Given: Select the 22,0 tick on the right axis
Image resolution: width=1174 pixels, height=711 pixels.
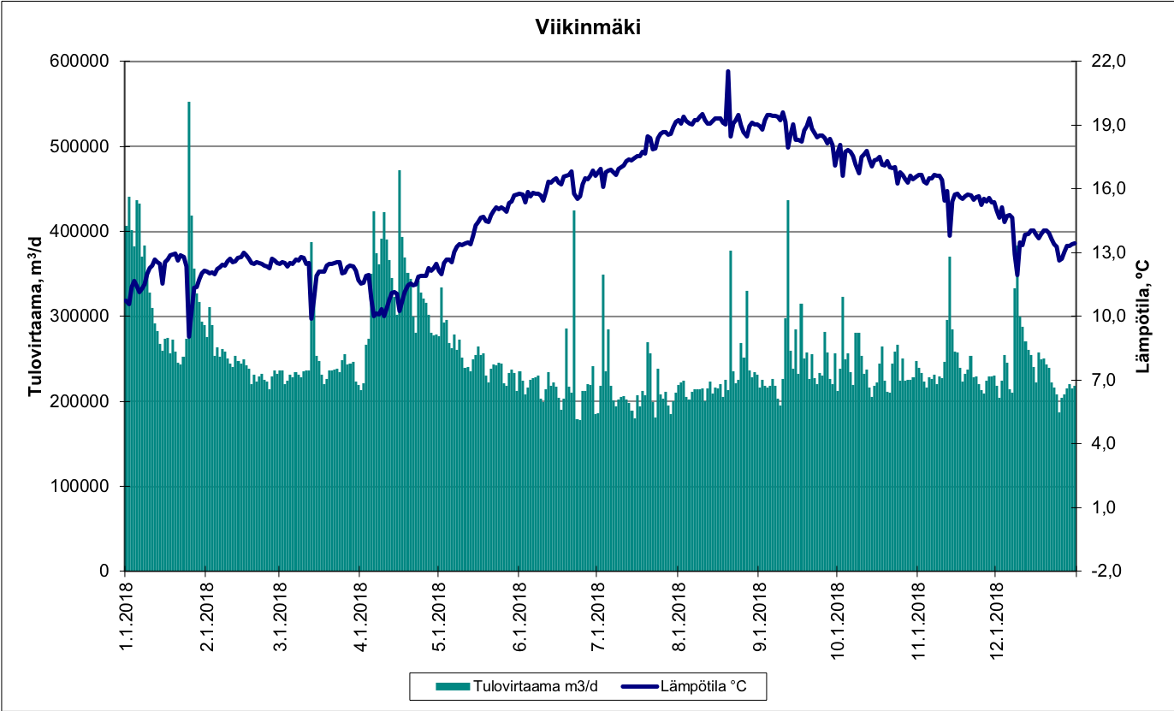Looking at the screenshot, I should point(1110,62).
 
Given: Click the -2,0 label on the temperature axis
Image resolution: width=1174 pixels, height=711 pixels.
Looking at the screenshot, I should point(1110,571).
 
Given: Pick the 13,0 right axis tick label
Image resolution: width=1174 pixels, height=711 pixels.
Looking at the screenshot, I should point(1110,252).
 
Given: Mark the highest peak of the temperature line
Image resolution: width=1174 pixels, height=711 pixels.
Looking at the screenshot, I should point(728,72).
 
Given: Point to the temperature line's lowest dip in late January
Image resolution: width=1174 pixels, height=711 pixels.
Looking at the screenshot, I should point(189,335).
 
